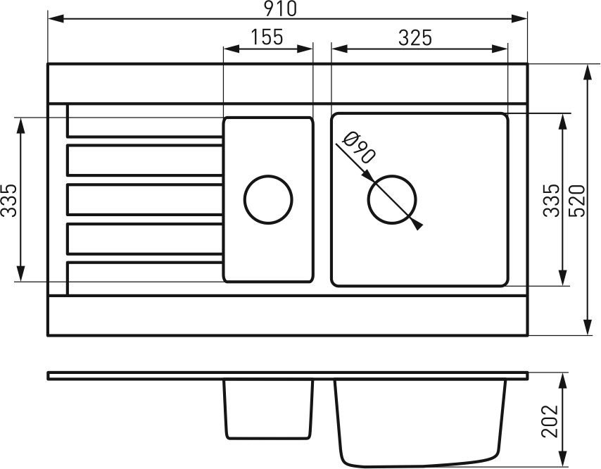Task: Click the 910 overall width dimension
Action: (281, 8)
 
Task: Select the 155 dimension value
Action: (267, 37)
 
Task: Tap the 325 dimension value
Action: (415, 37)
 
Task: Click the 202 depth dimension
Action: (550, 420)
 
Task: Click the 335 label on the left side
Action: (9, 201)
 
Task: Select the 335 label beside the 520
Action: (552, 201)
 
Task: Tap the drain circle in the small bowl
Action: (268, 199)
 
